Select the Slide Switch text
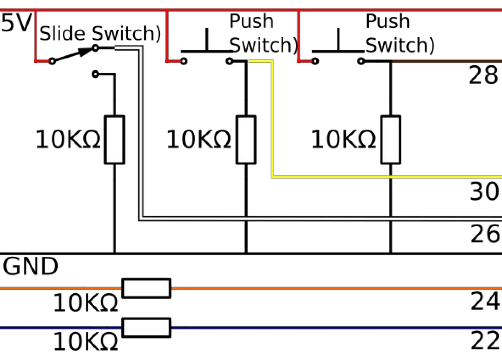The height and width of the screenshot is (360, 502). point(100,33)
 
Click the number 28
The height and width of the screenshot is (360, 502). point(483,76)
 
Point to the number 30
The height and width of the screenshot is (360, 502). point(485,192)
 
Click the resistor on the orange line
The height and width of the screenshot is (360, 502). point(146,288)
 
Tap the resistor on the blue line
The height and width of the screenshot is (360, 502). point(146,327)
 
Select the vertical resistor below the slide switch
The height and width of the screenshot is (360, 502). point(114,140)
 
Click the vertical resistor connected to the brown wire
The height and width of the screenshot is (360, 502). point(390,140)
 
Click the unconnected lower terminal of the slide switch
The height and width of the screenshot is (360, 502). point(95,74)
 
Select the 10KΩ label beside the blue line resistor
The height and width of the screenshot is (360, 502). point(86,342)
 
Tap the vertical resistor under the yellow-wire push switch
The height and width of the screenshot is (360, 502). point(246,140)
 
